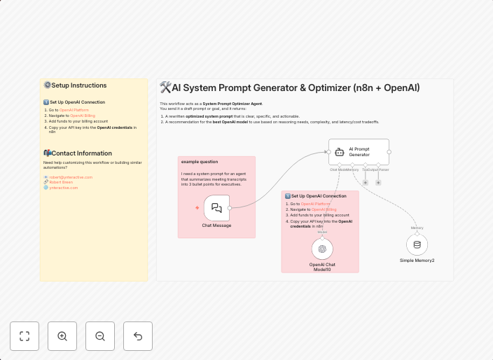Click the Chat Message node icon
pyautogui.click(x=216, y=207)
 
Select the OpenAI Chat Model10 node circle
pyautogui.click(x=322, y=249)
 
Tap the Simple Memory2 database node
pyautogui.click(x=417, y=244)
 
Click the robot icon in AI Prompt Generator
pyautogui.click(x=340, y=151)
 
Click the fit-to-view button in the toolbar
pyautogui.click(x=25, y=336)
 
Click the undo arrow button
pyautogui.click(x=138, y=336)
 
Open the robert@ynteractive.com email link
pyautogui.click(x=71, y=177)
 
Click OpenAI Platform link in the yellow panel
pyautogui.click(x=74, y=110)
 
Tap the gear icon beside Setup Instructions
pyautogui.click(x=47, y=85)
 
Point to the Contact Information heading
pyautogui.click(x=81, y=153)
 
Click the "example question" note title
pyautogui.click(x=200, y=162)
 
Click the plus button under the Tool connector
pyautogui.click(x=365, y=182)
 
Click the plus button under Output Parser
pyautogui.click(x=378, y=182)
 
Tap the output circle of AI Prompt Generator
pyautogui.click(x=389, y=151)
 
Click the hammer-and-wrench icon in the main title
pyautogui.click(x=165, y=88)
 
